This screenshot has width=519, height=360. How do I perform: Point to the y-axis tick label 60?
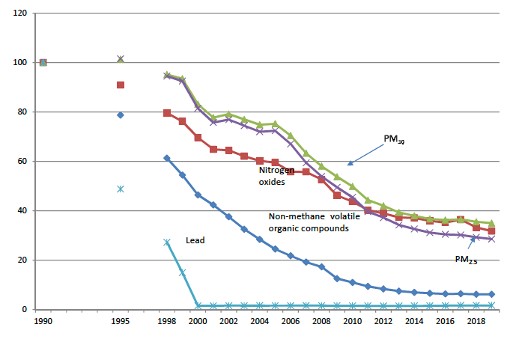[20, 162]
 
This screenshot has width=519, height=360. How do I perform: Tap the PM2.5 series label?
[466, 260]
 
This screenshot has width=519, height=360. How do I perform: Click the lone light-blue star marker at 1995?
[120, 189]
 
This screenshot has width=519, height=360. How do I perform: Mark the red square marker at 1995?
[120, 85]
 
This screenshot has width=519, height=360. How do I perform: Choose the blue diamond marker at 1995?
[120, 115]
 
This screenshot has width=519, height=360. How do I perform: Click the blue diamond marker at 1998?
[167, 158]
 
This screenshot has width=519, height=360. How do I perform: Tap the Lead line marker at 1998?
[167, 242]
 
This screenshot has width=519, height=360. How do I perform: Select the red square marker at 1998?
[167, 113]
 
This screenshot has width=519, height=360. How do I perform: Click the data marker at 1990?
[43, 62]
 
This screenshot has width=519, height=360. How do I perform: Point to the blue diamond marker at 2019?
[491, 294]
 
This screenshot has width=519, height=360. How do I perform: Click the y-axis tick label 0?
[24, 310]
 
